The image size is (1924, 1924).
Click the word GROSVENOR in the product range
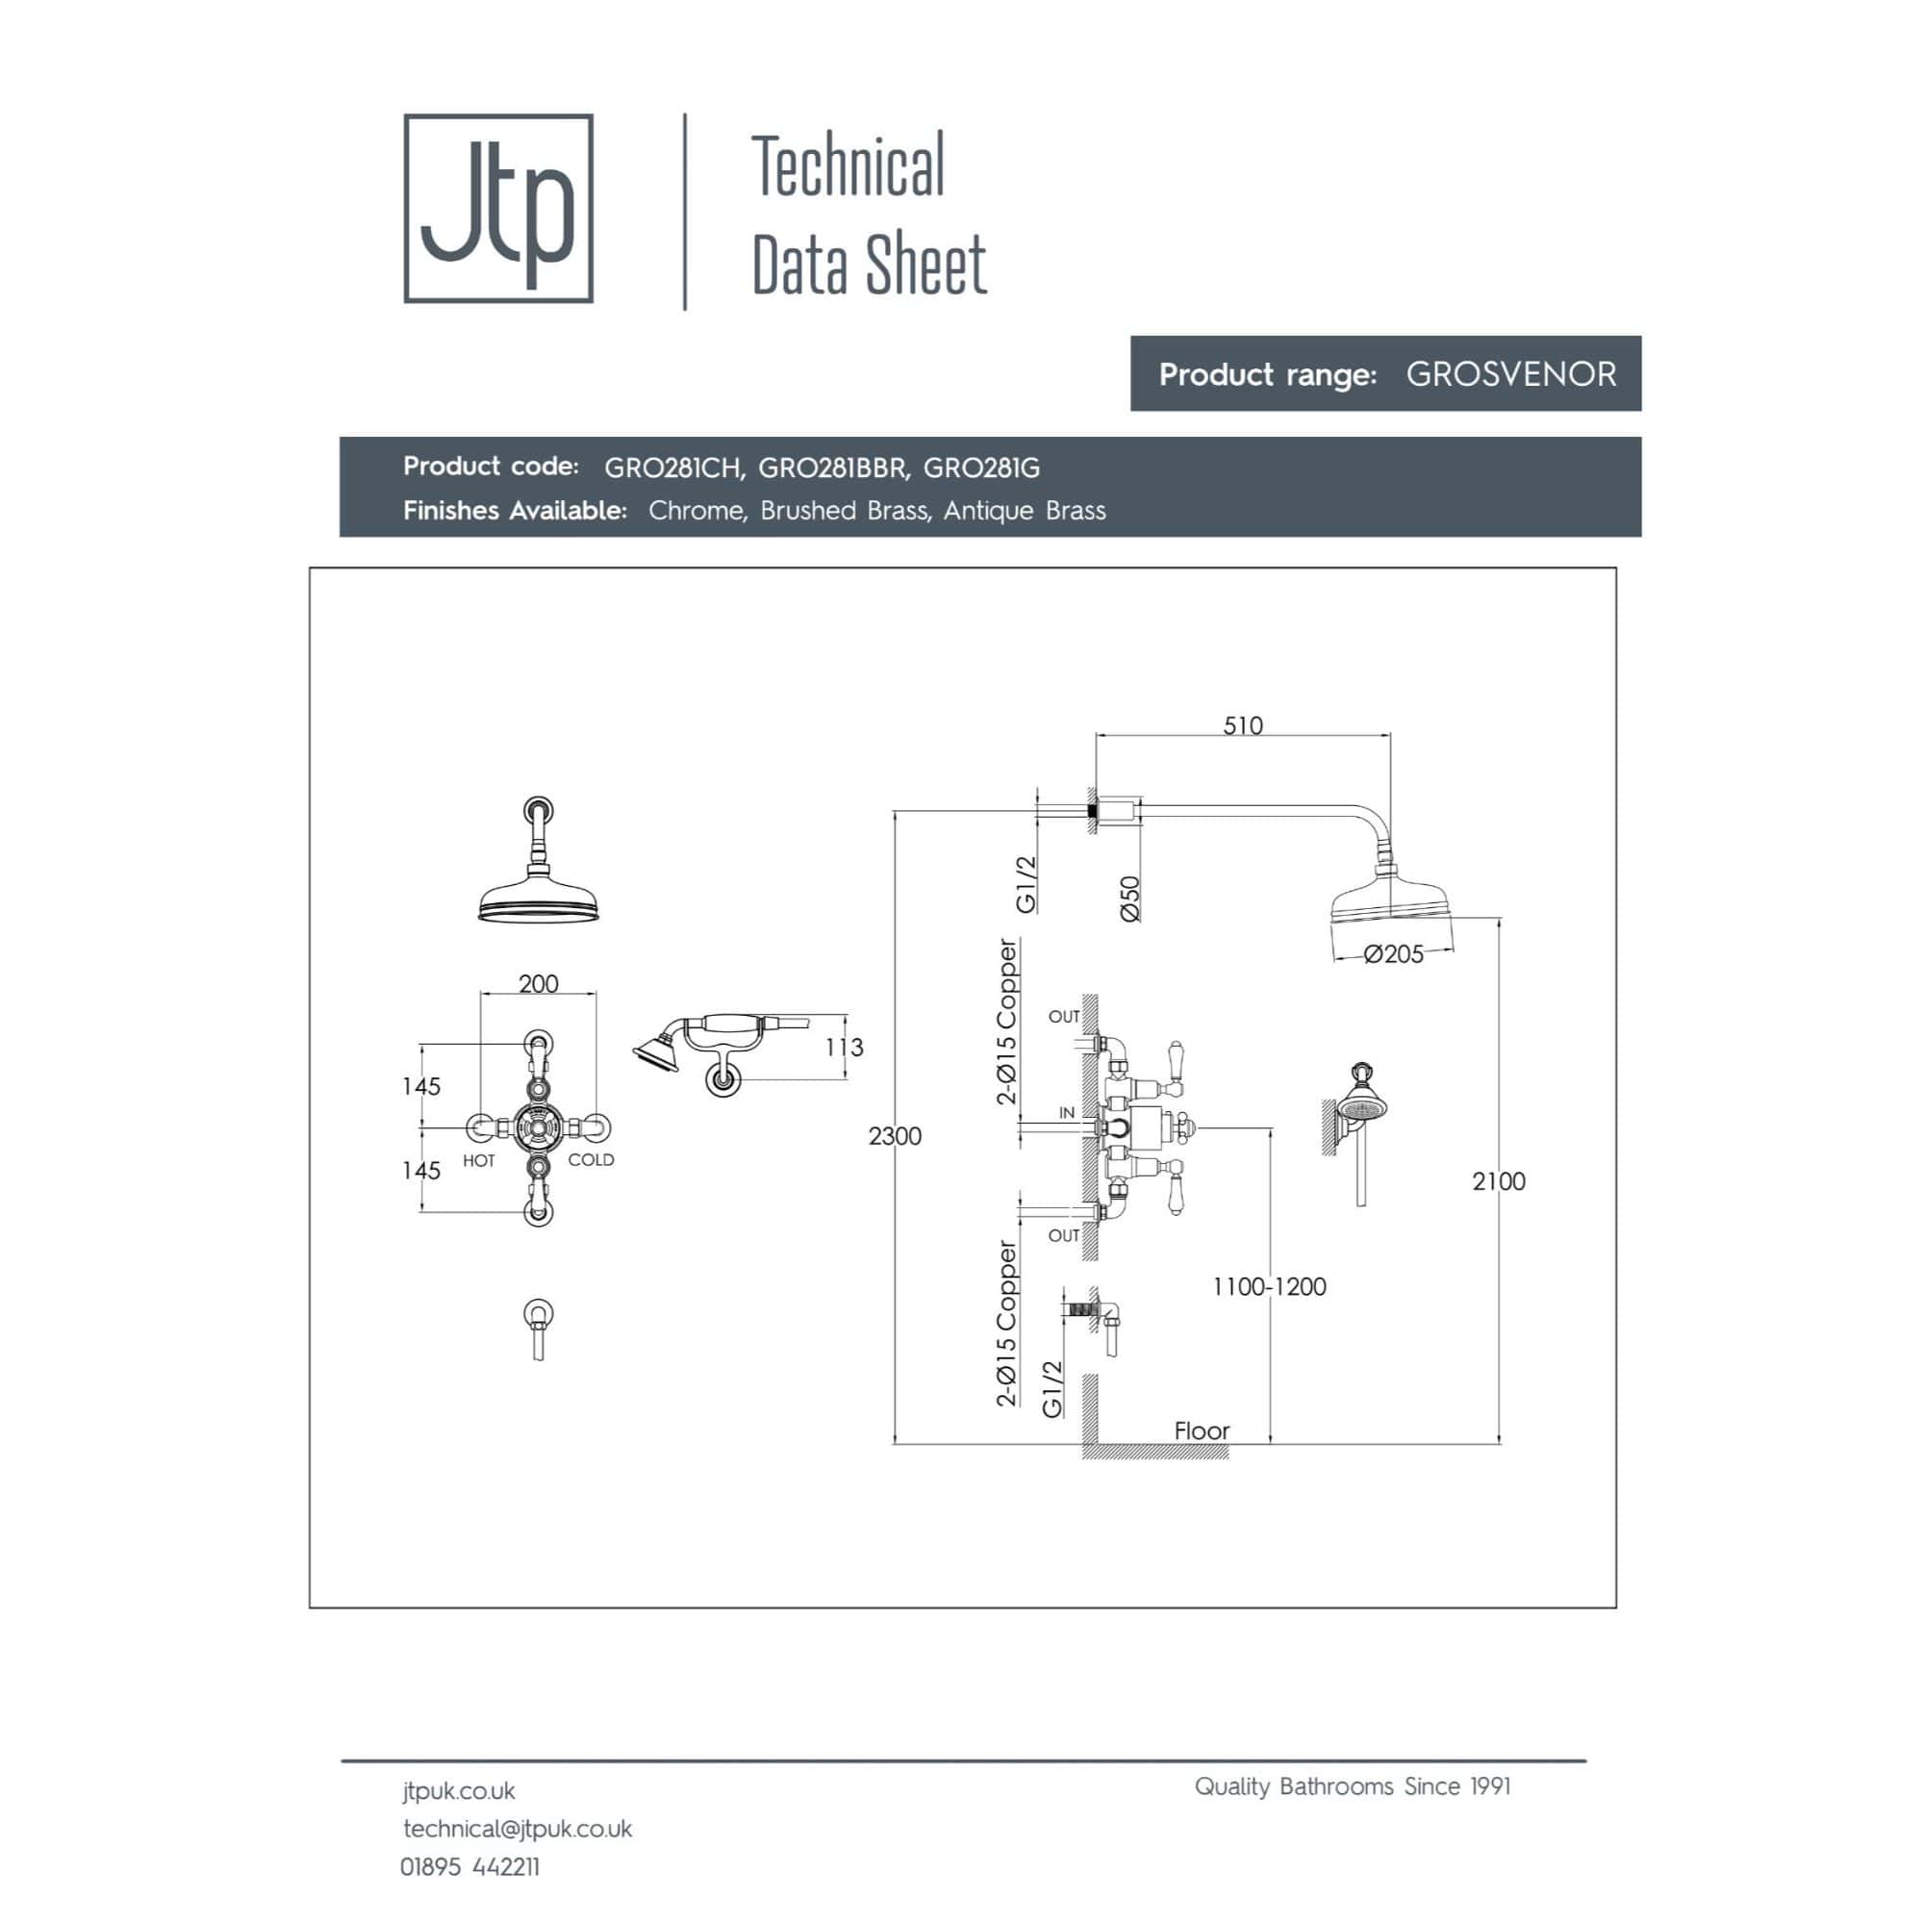pos(1510,374)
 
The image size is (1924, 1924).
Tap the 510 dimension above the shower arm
pos(1243,725)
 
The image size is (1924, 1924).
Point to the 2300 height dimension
pos(895,1135)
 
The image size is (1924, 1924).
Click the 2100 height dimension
pos(1499,1181)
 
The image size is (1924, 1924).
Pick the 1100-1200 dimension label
pos(1269,1286)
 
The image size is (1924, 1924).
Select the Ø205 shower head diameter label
pos(1393,954)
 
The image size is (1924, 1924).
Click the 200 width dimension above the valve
pos(538,984)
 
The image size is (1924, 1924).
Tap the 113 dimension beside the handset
pos(844,1047)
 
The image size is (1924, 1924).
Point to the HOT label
pos(479,1161)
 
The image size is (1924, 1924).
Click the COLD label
pos(591,1160)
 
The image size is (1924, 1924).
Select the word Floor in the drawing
pos(1202,1430)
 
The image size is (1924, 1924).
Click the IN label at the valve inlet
pos(1067,1113)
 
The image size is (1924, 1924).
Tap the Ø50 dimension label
pos(1129,899)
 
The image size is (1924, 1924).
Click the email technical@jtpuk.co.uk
pos(518,1829)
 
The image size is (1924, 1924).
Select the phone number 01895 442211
pos(470,1866)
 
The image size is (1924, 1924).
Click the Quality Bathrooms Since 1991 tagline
pos(1353,1786)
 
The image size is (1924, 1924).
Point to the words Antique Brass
pos(1025,511)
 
